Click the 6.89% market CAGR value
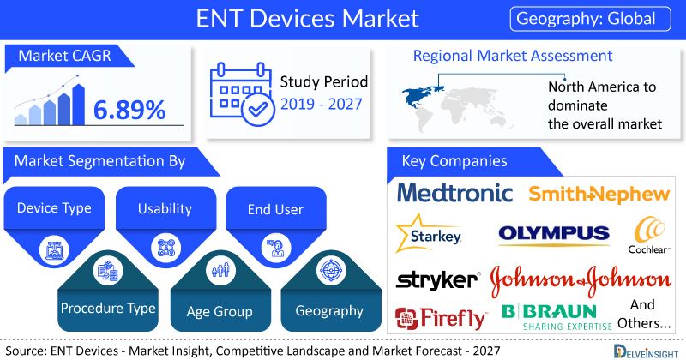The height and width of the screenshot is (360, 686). (x=129, y=110)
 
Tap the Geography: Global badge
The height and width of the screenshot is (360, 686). (x=590, y=19)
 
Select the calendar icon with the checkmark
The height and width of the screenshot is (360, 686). (x=242, y=94)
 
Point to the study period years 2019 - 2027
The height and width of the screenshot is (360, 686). (x=321, y=104)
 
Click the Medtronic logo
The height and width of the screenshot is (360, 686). (x=455, y=193)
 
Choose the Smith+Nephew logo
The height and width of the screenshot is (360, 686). (x=599, y=194)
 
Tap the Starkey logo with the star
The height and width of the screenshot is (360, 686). (x=429, y=234)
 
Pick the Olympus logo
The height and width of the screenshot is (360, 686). (x=554, y=234)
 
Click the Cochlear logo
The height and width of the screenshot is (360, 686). (x=649, y=236)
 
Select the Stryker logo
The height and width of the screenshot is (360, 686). (x=438, y=280)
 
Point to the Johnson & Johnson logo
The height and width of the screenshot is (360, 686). (x=581, y=280)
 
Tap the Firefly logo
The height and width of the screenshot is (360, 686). (x=441, y=318)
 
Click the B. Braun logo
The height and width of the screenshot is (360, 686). (x=557, y=317)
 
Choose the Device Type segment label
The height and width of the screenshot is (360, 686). (x=54, y=207)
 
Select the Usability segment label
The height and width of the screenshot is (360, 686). (x=165, y=208)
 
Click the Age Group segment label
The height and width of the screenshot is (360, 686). (x=220, y=311)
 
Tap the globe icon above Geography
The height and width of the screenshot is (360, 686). (x=331, y=270)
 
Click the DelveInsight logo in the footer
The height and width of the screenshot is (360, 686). (x=646, y=351)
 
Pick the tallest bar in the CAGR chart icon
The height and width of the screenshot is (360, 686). (x=79, y=105)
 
